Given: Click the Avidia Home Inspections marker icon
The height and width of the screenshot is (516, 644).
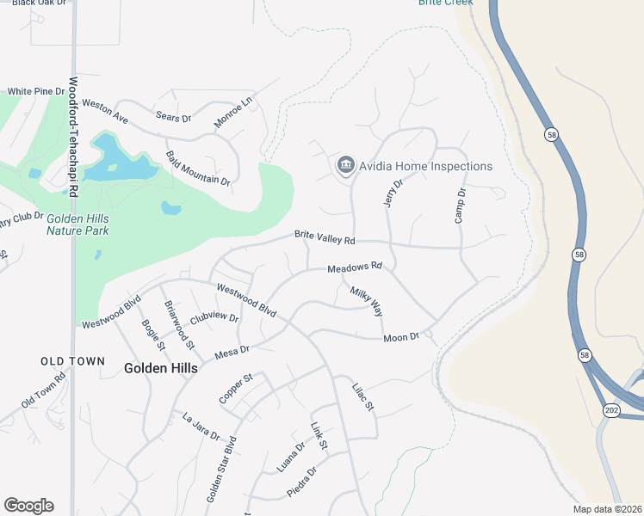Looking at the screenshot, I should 346,163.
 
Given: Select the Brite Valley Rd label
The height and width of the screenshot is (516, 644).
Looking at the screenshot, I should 325,236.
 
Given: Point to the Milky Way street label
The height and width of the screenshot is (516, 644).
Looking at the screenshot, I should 366,302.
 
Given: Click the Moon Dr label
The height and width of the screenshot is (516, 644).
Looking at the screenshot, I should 400,337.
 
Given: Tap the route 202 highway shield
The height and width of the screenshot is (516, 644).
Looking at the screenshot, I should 610,411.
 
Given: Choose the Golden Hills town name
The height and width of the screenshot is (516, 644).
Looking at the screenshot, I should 160,368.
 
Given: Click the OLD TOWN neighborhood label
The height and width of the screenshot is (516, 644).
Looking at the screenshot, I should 72,361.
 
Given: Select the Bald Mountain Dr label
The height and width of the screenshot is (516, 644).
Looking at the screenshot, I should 198,169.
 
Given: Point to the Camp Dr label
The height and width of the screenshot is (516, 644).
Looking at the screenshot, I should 461,206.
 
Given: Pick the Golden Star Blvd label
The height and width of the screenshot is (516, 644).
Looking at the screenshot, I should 220,473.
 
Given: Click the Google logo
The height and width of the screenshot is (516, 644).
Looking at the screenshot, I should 28,506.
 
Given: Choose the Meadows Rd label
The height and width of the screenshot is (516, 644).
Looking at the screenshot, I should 354,268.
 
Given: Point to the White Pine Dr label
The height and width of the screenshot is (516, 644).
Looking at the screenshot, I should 36,91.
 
